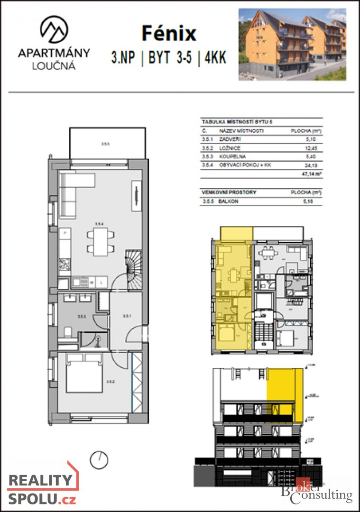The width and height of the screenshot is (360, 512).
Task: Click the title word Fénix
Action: (169, 34)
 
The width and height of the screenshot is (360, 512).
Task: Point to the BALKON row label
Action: (229, 201)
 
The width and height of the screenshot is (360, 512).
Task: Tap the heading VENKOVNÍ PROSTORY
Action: (229, 192)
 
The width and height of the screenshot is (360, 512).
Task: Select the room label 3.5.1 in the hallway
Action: (127, 316)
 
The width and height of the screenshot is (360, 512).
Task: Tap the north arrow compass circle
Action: (99, 459)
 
